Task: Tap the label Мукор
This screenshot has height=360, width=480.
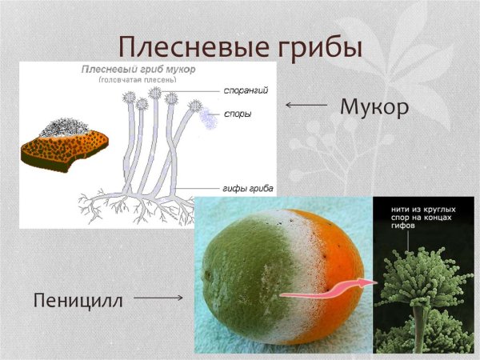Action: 374,106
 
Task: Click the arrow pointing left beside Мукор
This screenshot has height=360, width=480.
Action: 306,105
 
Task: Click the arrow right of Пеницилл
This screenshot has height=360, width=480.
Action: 158,298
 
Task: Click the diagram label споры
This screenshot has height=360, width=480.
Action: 238,114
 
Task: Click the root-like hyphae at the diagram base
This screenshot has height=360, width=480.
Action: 136,207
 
